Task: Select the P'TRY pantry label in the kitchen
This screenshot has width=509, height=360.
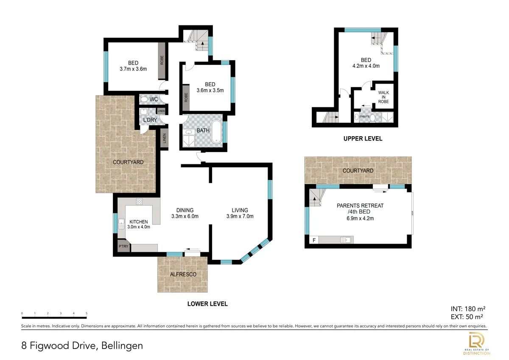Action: tap(123, 247)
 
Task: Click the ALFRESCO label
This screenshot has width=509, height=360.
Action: tap(183, 274)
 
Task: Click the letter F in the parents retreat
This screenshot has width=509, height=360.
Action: tap(314, 240)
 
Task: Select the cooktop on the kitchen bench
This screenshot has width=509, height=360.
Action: tap(139, 202)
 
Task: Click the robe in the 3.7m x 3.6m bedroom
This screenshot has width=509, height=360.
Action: tap(162, 60)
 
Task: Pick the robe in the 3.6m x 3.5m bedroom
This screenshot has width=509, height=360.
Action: tap(186, 97)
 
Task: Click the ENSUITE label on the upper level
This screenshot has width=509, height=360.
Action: tap(364, 116)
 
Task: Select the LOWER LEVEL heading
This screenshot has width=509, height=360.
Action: tap(207, 304)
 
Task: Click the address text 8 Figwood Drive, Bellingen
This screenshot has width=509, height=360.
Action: tap(82, 346)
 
